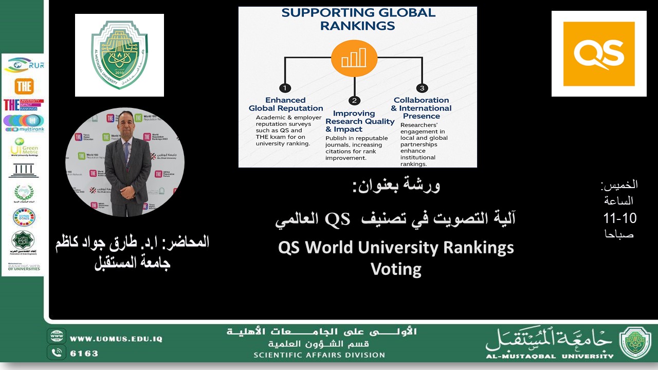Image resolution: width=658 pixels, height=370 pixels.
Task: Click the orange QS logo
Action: (x=599, y=53)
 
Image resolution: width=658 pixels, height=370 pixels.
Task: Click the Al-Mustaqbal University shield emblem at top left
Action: (x=119, y=55)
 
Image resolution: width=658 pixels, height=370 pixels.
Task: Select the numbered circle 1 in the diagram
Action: (x=285, y=88)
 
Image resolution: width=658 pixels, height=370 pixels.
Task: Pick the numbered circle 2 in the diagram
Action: (x=354, y=100)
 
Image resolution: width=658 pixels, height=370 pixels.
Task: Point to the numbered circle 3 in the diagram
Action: (x=422, y=88)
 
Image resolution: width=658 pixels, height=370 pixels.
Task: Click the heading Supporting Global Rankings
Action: (x=358, y=18)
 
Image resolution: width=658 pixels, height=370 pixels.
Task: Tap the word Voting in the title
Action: (x=396, y=269)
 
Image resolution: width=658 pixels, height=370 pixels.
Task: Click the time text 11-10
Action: (x=619, y=218)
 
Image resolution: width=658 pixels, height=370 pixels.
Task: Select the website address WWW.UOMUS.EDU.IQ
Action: (x=116, y=339)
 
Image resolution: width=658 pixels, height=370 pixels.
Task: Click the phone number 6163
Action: (x=84, y=354)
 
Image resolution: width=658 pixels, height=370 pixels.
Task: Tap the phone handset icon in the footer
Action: (x=57, y=353)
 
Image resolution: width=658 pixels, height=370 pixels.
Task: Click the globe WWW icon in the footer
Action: (x=57, y=337)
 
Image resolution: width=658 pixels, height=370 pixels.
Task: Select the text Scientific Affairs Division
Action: (x=319, y=355)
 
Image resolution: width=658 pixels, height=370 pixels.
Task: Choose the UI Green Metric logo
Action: (x=24, y=147)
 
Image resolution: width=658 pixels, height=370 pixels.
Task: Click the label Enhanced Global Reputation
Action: (x=286, y=104)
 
